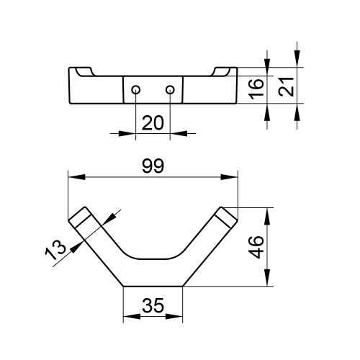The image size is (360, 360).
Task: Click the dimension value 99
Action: click(153, 166)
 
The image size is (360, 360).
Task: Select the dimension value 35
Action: click(153, 306)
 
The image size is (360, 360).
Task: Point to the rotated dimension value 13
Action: click(57, 248)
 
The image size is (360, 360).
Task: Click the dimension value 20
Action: click(153, 123)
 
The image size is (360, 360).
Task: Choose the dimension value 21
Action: click(286, 86)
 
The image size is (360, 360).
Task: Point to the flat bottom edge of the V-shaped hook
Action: click(153, 287)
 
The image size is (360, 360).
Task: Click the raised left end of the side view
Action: click(81, 72)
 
